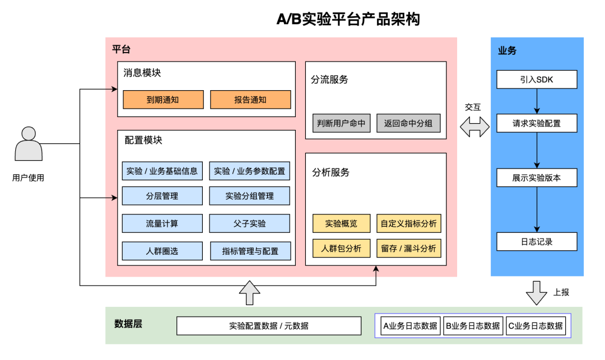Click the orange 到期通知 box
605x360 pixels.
tap(163, 100)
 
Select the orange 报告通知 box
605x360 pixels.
tap(250, 100)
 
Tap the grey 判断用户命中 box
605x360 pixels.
tap(341, 123)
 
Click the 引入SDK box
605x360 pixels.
tap(536, 80)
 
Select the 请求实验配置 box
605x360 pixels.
tap(536, 123)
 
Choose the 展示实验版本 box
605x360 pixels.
tap(536, 178)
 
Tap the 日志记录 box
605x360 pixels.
tap(536, 241)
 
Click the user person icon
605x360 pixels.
tap(28, 144)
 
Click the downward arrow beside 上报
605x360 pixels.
tap(536, 292)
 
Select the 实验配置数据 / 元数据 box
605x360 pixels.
tap(269, 326)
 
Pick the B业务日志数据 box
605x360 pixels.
tap(473, 326)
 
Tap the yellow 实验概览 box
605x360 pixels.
tap(341, 223)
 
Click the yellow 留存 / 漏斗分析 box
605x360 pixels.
tap(408, 248)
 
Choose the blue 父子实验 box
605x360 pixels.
tap(250, 223)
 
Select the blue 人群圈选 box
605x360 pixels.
tap(162, 251)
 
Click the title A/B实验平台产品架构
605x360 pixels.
tap(348, 20)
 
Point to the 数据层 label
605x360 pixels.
tap(128, 324)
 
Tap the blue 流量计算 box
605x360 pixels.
tap(162, 223)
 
